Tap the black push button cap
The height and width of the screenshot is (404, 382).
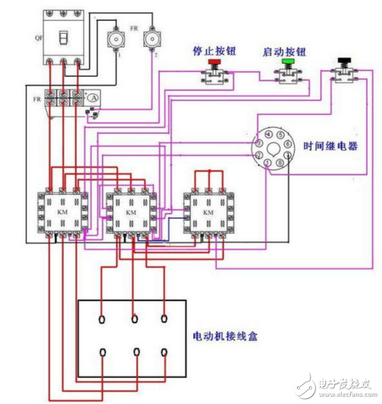point(344,60)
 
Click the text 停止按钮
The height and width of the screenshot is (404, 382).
point(214,51)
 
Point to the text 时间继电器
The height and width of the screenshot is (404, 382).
point(330,146)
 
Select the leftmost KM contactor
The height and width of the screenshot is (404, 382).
point(61,212)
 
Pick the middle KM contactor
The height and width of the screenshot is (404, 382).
point(131,212)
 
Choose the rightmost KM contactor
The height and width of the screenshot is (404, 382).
point(209,212)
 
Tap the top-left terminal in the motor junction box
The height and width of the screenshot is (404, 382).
point(102,318)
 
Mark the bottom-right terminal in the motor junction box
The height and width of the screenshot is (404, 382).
point(165,351)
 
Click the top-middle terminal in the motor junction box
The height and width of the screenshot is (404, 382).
point(136,318)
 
